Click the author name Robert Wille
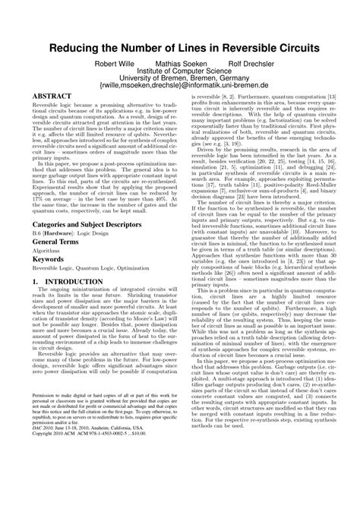coord(114,64)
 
